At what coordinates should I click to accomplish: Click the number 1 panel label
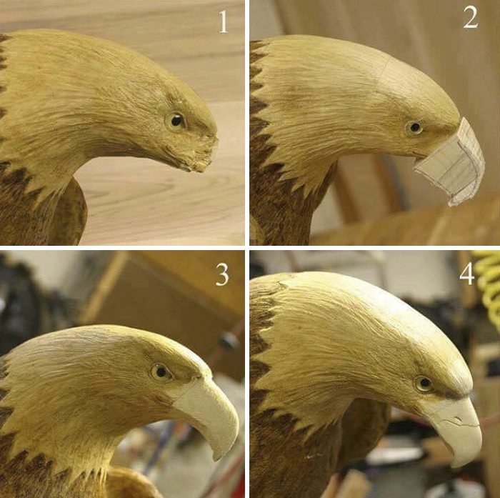[x=224, y=21]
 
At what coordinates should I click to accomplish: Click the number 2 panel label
[x=470, y=18]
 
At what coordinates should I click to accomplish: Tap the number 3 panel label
[x=222, y=274]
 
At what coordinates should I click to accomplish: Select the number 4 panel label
[x=466, y=274]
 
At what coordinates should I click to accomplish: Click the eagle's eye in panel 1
[x=176, y=121]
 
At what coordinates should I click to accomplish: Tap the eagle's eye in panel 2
[x=414, y=128]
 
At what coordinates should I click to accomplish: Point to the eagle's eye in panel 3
[x=161, y=372]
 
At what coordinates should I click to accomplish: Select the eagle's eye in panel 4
[x=424, y=383]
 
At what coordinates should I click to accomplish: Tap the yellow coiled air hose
[x=488, y=281]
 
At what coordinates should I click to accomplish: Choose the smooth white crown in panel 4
[x=399, y=307]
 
